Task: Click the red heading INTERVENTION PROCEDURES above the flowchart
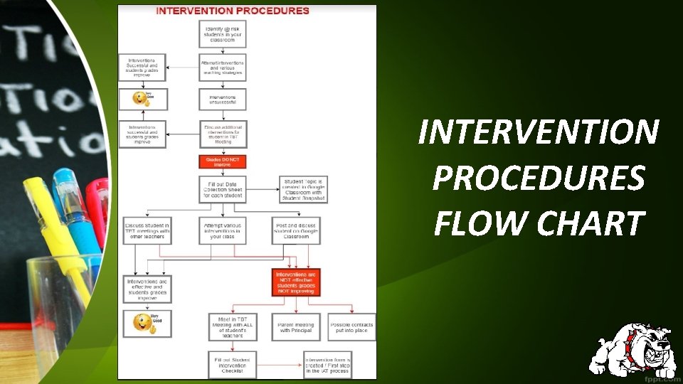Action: [233, 11]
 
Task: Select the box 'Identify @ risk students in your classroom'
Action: [222, 33]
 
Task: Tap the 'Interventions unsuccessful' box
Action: [222, 100]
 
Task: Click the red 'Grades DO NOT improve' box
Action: [222, 161]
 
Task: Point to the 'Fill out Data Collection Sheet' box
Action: [222, 190]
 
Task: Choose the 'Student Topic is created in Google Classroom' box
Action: [303, 190]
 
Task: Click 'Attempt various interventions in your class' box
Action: [222, 230]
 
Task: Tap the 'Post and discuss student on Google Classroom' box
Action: [295, 230]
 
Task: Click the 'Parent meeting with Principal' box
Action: [295, 327]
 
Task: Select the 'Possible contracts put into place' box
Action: [351, 327]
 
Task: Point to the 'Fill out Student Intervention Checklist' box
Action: [232, 365]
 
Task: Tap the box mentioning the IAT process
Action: [328, 365]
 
